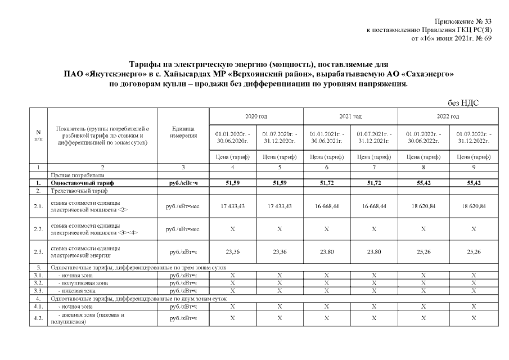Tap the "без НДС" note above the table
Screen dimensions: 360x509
click(x=463, y=102)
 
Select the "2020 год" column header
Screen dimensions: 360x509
click(x=256, y=116)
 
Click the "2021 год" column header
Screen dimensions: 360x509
click(x=350, y=116)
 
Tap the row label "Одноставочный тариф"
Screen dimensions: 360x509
click(x=82, y=183)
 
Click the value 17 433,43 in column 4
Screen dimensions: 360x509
click(x=232, y=206)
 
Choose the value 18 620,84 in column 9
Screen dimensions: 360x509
click(x=474, y=206)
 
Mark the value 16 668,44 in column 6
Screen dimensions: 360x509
click(x=326, y=206)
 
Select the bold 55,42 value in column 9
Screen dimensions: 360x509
click(x=474, y=183)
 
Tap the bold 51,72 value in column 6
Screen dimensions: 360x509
click(x=326, y=183)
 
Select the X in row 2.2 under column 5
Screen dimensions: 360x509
click(x=280, y=229)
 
